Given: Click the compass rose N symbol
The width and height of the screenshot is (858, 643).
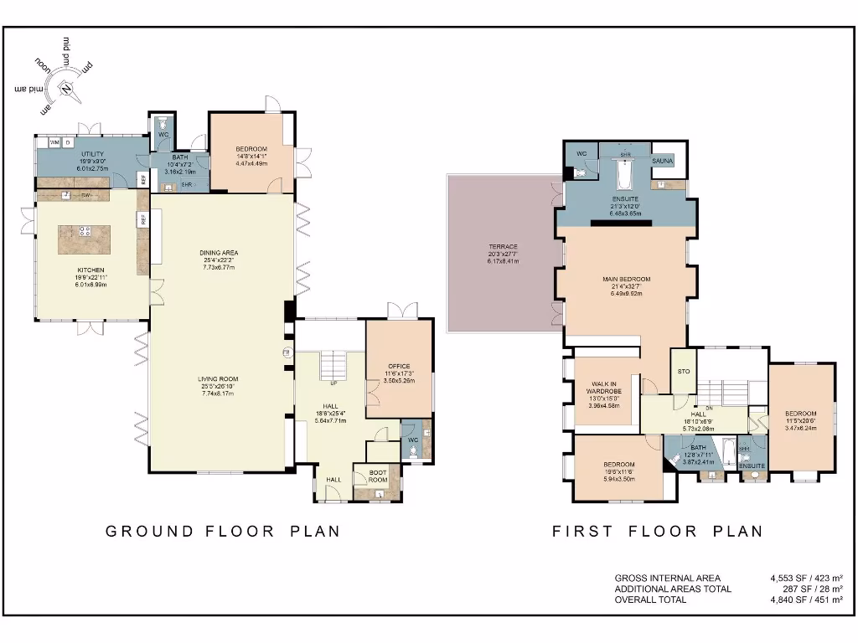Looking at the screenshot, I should [66, 87].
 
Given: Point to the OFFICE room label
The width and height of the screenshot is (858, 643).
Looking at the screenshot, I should [399, 365].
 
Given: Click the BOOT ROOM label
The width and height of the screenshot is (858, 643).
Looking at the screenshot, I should [379, 476].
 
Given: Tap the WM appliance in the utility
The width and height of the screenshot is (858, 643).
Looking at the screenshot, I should [54, 142].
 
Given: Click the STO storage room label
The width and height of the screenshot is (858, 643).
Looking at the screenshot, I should [683, 371].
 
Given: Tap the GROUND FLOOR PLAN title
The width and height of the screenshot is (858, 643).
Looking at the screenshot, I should [222, 531].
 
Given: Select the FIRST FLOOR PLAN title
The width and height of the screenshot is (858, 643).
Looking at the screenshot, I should [658, 531].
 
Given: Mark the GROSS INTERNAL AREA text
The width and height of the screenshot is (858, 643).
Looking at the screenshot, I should [667, 578].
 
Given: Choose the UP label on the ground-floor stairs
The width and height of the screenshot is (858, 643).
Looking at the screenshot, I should [334, 383].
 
